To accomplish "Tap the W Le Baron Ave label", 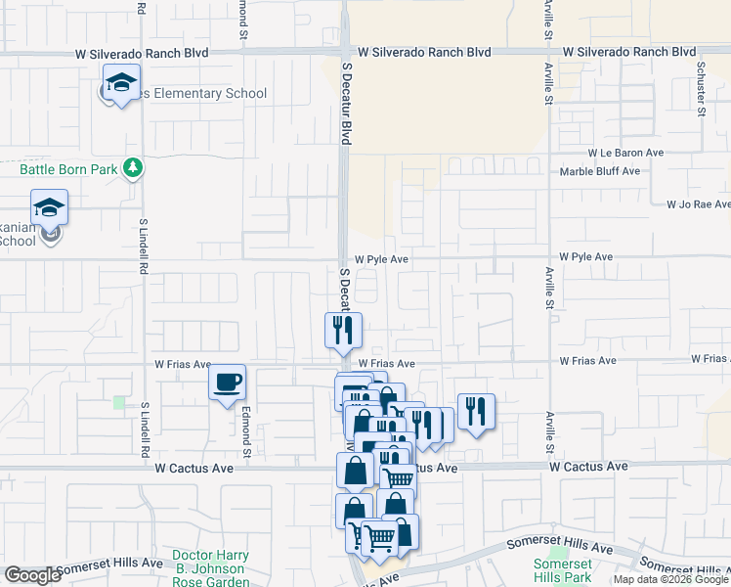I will pyautogui.click(x=625, y=154).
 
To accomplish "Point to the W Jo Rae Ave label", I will pyautogui.click(x=698, y=205).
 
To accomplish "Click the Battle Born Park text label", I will pyautogui.click(x=68, y=169).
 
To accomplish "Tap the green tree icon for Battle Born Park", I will pyautogui.click(x=133, y=169).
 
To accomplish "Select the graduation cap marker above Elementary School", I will pyautogui.click(x=121, y=83).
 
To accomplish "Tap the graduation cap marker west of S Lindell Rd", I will pyautogui.click(x=49, y=209).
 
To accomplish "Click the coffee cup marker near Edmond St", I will pyautogui.click(x=228, y=382).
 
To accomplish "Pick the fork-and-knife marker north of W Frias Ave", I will pyautogui.click(x=343, y=330).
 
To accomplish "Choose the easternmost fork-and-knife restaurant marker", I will pyautogui.click(x=476, y=410).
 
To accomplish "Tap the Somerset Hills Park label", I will pyautogui.click(x=562, y=571).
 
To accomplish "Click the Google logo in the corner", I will pyautogui.click(x=32, y=575).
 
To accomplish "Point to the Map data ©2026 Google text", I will pyautogui.click(x=670, y=579).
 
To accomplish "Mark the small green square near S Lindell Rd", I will pyautogui.click(x=119, y=402).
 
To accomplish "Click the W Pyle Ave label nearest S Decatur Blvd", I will pyautogui.click(x=381, y=260).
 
